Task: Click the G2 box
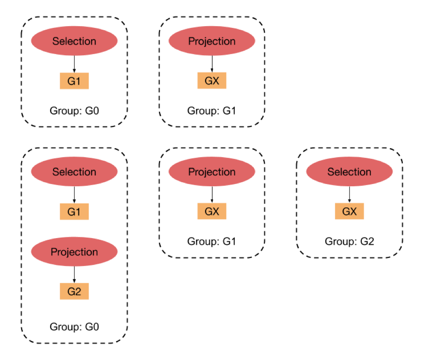74,292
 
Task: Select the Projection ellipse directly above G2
74,252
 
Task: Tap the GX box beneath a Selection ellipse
349,211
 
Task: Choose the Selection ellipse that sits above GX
349,172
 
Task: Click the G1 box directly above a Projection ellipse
74,211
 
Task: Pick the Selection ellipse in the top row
74,41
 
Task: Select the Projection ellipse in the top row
212,41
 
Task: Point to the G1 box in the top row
74,81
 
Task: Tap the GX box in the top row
212,81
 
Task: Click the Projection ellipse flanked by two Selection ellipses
212,172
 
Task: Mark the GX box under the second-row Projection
212,211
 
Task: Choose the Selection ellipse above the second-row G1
74,172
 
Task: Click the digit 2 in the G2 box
78,292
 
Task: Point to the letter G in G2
71,292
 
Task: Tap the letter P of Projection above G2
54,252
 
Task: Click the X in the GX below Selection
353,211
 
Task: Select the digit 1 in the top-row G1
78,81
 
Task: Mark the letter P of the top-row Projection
191,41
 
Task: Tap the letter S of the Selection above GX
330,172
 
